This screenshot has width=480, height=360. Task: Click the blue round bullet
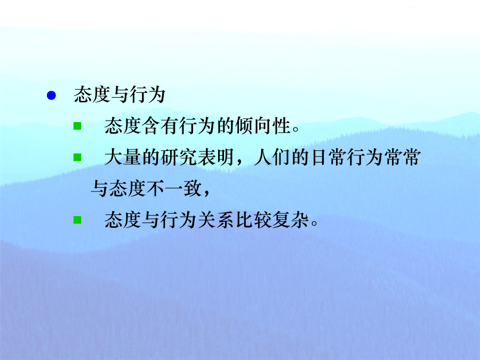(51, 95)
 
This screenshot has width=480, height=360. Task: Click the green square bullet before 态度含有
(77, 126)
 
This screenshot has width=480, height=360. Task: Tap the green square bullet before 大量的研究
(77, 157)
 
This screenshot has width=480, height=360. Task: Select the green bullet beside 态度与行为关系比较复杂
(77, 220)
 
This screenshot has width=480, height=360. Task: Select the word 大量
(123, 157)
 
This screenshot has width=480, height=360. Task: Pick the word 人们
(272, 157)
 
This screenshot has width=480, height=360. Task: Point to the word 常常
(403, 157)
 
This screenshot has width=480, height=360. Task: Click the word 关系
(216, 220)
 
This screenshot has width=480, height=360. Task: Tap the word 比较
(253, 220)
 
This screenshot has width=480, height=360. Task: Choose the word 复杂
(291, 220)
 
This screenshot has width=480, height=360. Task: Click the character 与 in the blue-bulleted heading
(119, 94)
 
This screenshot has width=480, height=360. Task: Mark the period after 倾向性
(295, 129)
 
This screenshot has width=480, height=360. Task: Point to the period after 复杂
(314, 223)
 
